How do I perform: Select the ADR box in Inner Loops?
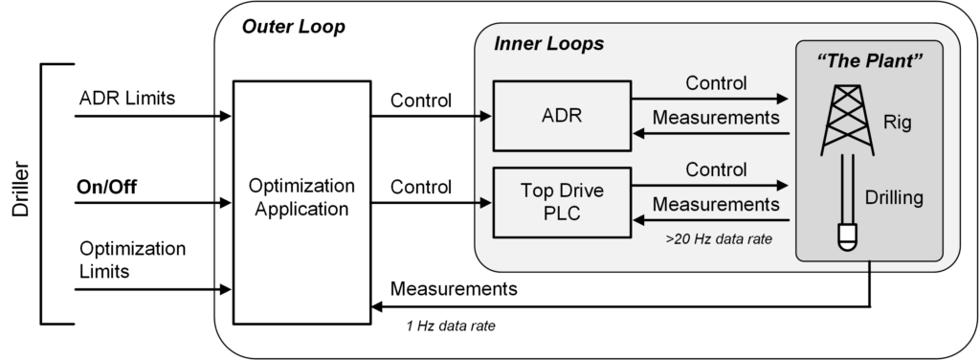[x=560, y=117]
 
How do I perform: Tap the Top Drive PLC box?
[x=560, y=202]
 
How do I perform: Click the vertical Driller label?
[x=21, y=192]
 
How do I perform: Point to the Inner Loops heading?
[x=548, y=44]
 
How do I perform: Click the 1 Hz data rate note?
[x=450, y=326]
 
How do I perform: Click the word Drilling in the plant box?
[x=901, y=198]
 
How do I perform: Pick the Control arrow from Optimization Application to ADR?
[x=431, y=117]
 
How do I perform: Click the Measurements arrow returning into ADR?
[x=709, y=134]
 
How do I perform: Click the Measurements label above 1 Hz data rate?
[x=454, y=289]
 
